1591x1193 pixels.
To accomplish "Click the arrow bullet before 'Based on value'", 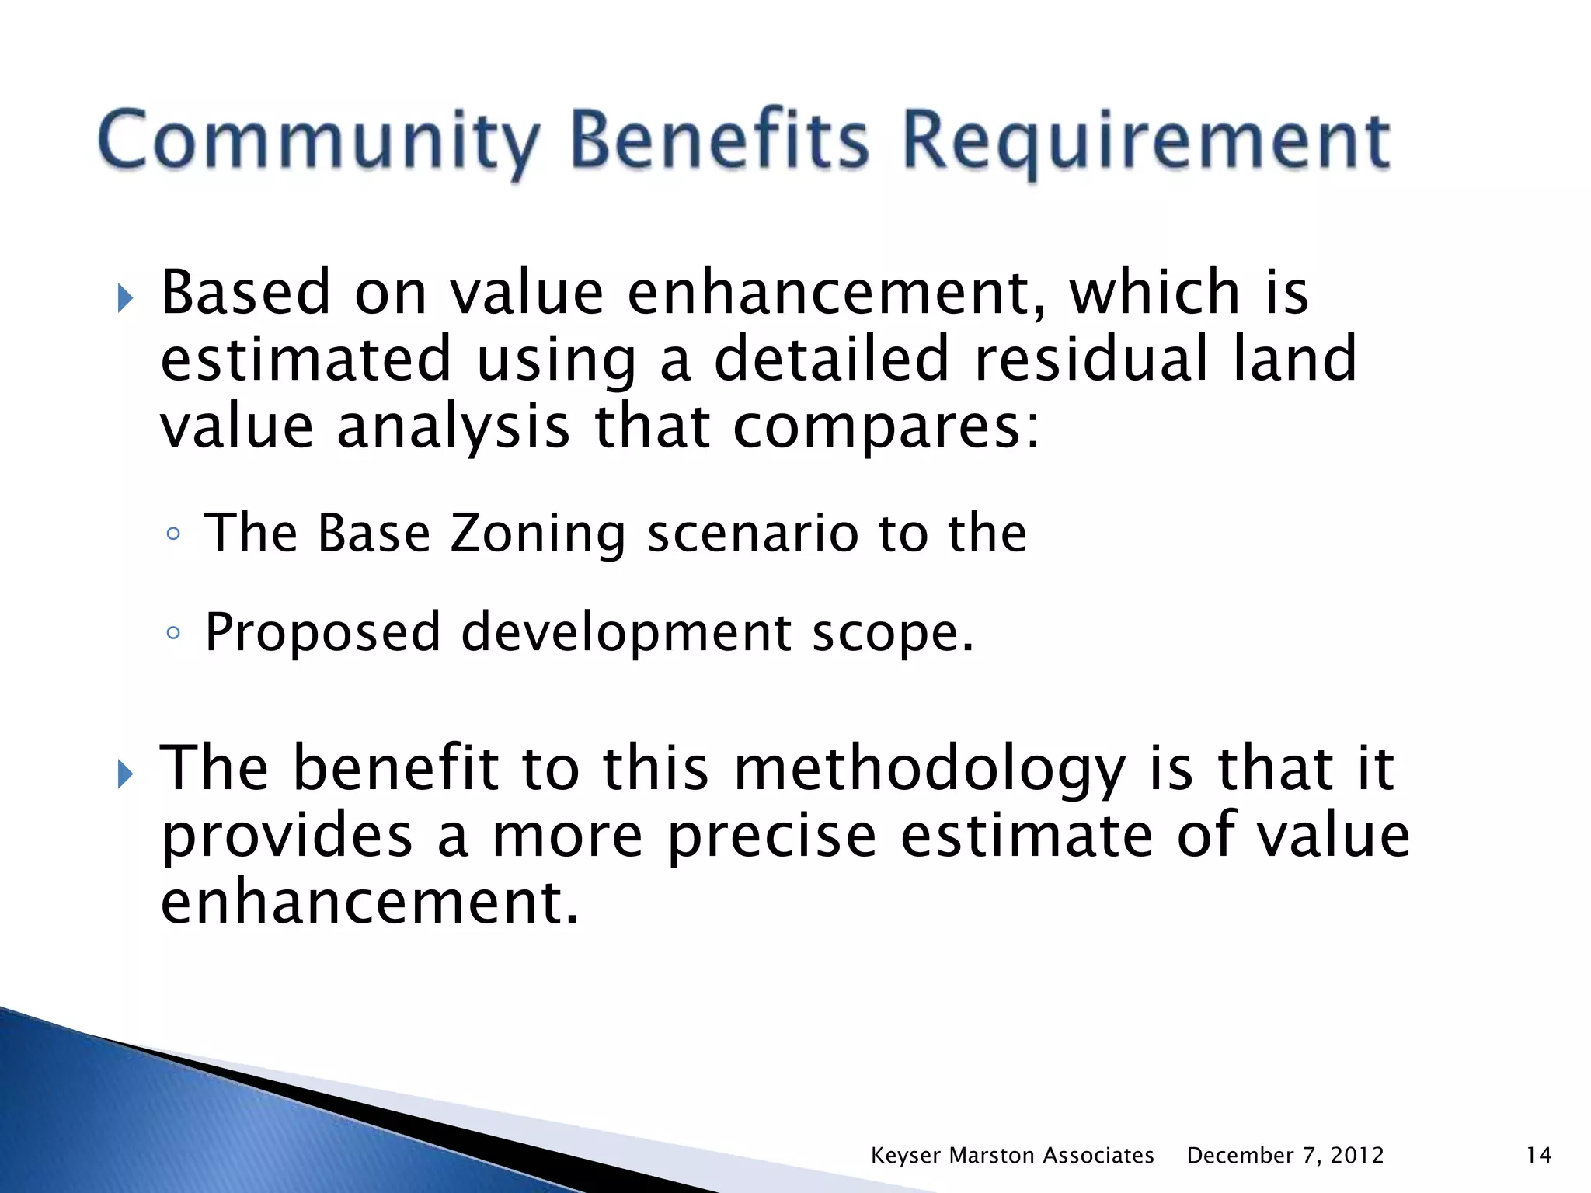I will point(125,297).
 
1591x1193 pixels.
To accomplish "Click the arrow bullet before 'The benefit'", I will point(125,774).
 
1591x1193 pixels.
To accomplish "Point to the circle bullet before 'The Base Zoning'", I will point(173,534).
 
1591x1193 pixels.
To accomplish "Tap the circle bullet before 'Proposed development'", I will point(173,633).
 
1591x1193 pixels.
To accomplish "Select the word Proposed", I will point(322,633).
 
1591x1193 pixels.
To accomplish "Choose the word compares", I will point(886,427).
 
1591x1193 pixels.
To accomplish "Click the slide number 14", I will point(1538,1155).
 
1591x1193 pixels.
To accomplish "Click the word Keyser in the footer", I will point(906,1155).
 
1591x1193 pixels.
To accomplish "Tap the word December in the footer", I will point(1241,1155).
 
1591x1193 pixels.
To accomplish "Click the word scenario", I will point(752,534).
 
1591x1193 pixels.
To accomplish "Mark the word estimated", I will point(306,359).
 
